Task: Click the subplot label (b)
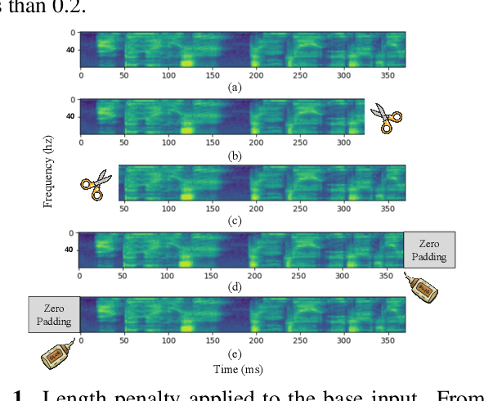(235, 153)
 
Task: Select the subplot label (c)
(235, 219)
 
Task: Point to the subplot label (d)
(235, 286)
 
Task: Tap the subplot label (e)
(235, 354)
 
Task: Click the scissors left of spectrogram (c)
(96, 185)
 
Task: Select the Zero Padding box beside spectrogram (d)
(429, 250)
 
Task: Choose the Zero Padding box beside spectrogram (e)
(54, 316)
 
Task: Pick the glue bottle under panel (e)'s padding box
(58, 354)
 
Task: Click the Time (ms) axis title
(238, 370)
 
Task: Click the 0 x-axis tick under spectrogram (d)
(80, 276)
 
